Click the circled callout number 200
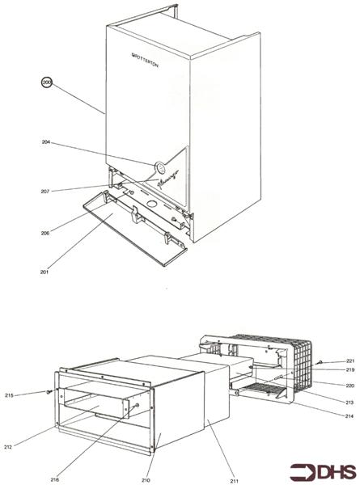[x=47, y=82]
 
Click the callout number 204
[x=46, y=142]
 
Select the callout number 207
[x=45, y=191]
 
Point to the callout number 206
[x=45, y=233]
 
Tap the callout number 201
[x=45, y=272]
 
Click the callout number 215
[x=32, y=394]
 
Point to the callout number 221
[x=350, y=361]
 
